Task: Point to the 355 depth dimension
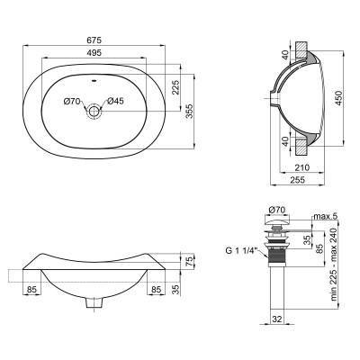190,110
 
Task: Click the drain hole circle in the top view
94,112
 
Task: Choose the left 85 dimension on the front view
31,290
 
